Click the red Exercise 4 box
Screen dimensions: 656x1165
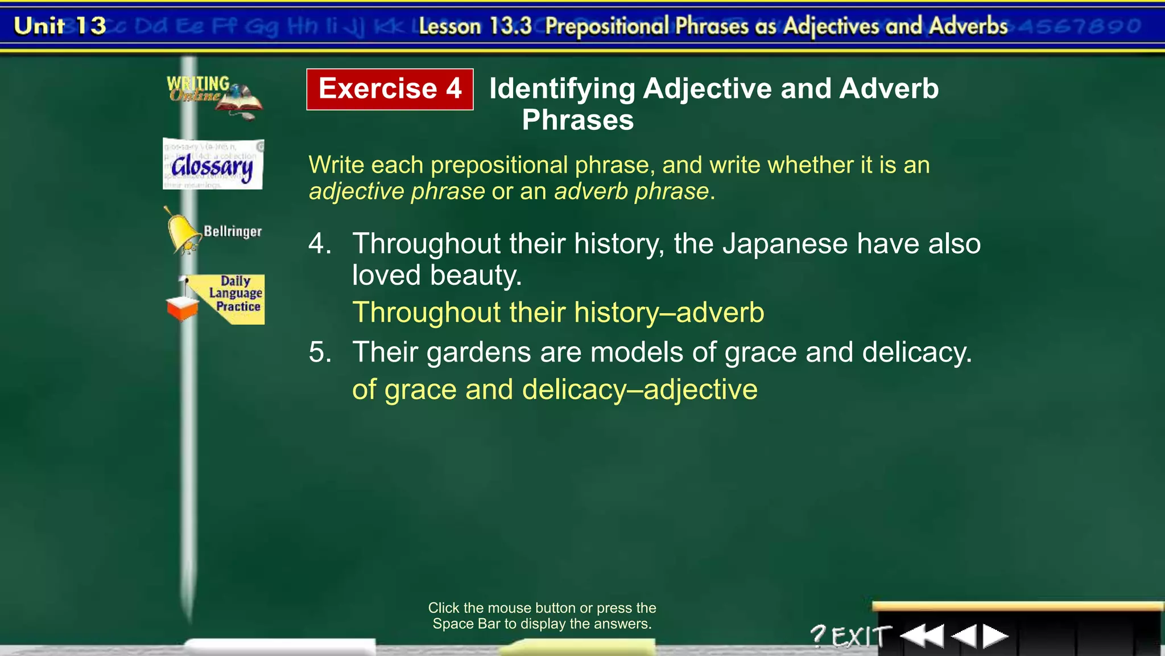pos(390,89)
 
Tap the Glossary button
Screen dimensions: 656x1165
pos(213,165)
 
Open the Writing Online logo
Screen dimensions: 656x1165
pos(213,96)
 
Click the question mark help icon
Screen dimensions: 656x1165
pos(818,635)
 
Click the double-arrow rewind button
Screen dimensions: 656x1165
pos(922,635)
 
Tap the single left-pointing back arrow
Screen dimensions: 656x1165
pos(964,635)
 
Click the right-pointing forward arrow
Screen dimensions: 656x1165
pos(995,635)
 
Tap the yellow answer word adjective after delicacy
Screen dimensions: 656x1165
pos(701,390)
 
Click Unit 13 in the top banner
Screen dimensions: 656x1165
pos(60,26)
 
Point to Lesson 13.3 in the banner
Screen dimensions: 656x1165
pos(475,26)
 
